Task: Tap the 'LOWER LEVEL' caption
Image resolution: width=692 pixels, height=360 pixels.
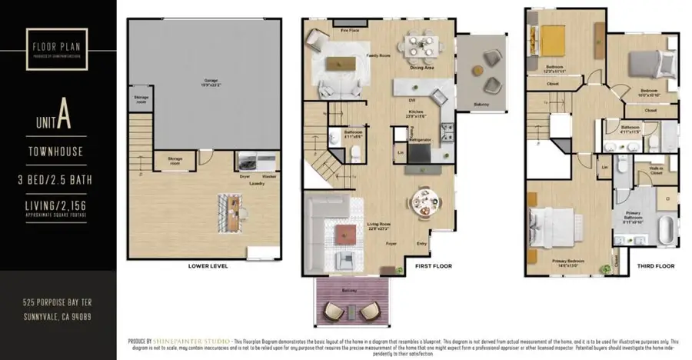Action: [206, 266]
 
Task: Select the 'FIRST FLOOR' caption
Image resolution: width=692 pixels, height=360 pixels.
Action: [434, 266]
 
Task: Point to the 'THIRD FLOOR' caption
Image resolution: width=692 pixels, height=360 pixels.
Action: [657, 266]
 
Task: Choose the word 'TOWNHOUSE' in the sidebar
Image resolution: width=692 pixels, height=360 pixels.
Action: [58, 152]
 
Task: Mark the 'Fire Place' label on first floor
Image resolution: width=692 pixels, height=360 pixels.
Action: [330, 31]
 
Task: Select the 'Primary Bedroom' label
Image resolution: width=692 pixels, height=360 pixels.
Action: [568, 261]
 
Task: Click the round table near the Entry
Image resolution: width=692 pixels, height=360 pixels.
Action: [424, 202]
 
